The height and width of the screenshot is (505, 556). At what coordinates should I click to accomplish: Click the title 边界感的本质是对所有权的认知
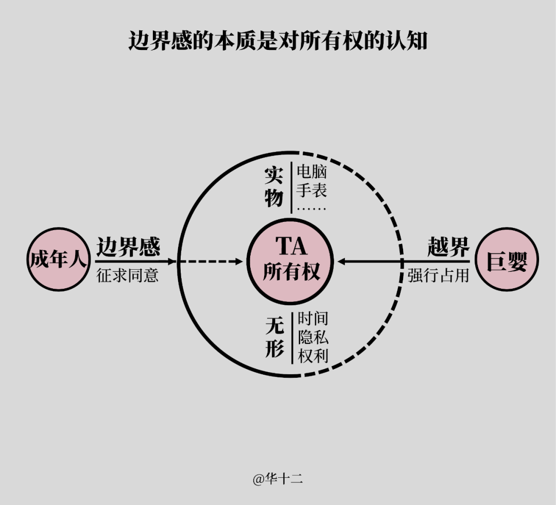click(277, 41)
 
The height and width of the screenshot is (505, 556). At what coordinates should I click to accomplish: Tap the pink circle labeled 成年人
click(59, 259)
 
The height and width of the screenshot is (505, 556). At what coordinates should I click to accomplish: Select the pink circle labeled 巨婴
click(507, 259)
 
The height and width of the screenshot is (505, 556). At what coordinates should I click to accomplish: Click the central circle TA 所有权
click(290, 262)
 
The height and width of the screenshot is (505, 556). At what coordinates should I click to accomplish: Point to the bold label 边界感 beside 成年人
click(128, 247)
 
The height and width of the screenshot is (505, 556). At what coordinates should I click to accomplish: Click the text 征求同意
click(127, 275)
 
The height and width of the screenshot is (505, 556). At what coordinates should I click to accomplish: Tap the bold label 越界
click(448, 247)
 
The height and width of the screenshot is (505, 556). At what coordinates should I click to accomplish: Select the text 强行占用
click(438, 275)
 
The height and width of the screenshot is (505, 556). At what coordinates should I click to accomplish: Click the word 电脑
click(311, 171)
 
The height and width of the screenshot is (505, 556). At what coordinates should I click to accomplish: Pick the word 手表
click(311, 190)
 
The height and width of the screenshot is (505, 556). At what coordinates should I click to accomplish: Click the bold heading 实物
click(274, 187)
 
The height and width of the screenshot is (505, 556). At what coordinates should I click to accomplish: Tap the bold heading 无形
click(275, 337)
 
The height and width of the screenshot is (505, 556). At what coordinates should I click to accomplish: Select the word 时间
click(313, 319)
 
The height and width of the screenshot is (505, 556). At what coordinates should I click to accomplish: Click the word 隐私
click(313, 337)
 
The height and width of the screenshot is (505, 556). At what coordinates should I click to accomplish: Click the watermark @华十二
click(277, 479)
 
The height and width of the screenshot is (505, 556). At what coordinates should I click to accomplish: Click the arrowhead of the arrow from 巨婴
click(341, 262)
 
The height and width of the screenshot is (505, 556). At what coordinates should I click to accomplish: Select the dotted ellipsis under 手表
click(311, 209)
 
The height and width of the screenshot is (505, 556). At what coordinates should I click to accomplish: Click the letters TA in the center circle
click(291, 246)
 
